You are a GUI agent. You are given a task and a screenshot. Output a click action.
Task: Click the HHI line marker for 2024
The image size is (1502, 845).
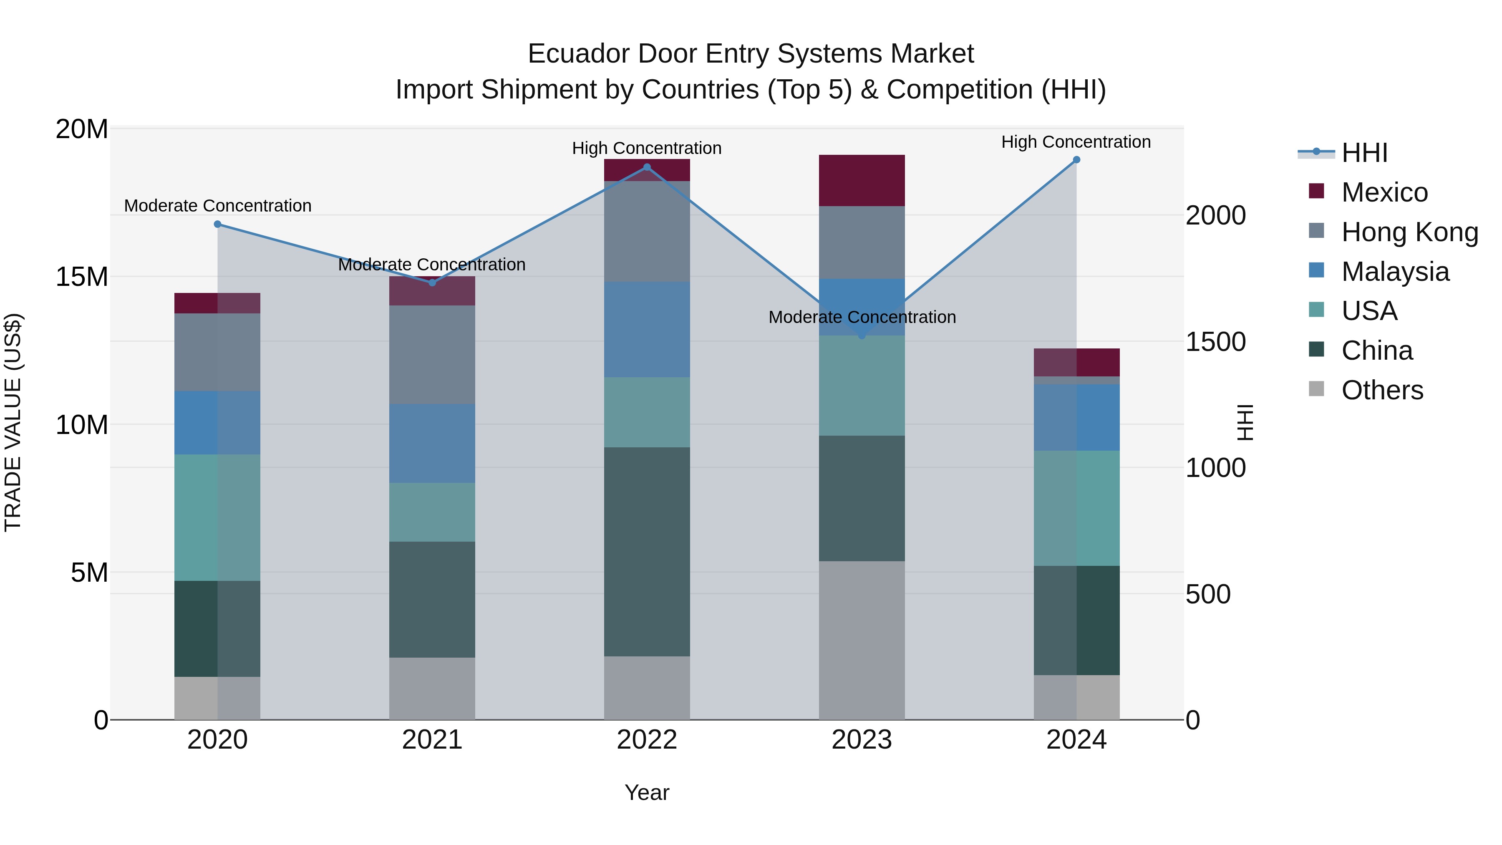point(1076,160)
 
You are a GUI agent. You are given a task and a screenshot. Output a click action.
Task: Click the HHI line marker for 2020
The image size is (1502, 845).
point(217,224)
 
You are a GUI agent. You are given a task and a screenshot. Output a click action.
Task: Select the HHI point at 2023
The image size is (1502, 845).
point(862,336)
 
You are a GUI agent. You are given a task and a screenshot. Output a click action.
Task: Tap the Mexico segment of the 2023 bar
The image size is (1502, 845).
point(862,181)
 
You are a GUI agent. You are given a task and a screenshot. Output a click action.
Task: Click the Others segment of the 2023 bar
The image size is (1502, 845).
point(862,640)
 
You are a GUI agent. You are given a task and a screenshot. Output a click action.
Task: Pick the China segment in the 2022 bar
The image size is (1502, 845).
point(647,552)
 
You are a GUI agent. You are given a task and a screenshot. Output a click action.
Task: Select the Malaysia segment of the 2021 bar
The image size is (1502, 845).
point(432,443)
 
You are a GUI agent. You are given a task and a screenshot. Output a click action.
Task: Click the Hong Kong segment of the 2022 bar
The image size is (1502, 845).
point(647,232)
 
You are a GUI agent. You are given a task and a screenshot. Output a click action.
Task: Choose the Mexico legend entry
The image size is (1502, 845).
point(1384,192)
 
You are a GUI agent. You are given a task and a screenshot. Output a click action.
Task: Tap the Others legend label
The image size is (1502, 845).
point(1382,390)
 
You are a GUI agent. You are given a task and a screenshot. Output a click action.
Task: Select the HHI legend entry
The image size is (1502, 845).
point(1364,153)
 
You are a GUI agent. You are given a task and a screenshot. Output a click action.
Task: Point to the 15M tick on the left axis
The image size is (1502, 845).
point(82,276)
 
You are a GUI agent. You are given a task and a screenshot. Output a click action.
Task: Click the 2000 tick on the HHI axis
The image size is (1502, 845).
point(1216,215)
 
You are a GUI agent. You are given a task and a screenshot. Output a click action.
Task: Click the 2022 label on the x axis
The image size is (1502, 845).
point(647,740)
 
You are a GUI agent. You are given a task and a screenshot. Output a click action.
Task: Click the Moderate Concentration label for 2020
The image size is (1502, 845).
point(217,206)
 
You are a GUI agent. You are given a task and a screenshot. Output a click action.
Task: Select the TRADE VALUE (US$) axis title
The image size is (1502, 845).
point(13,423)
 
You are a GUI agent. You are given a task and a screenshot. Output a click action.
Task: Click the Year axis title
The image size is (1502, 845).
point(647,792)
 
